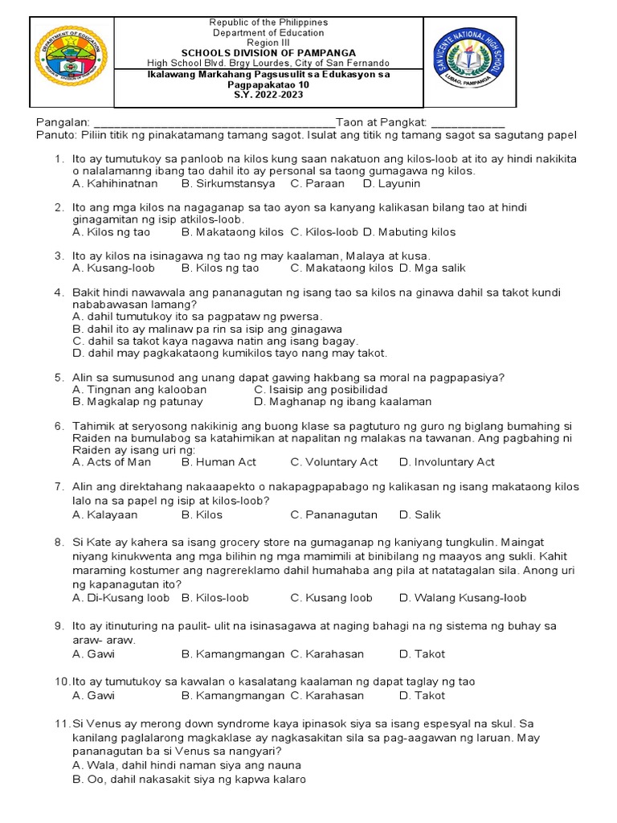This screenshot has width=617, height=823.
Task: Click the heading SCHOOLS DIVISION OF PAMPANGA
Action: click(x=268, y=53)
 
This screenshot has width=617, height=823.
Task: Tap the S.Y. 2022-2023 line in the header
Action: click(x=268, y=95)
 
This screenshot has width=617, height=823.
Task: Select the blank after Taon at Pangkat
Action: click(x=468, y=122)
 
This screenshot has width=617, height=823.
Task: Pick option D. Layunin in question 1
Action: click(x=391, y=183)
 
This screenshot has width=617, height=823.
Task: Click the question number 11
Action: click(x=63, y=724)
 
